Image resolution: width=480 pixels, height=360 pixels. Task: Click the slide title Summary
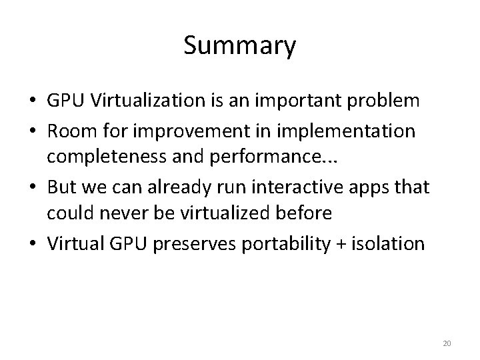coord(239,47)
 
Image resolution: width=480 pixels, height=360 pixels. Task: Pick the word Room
coord(69,131)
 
